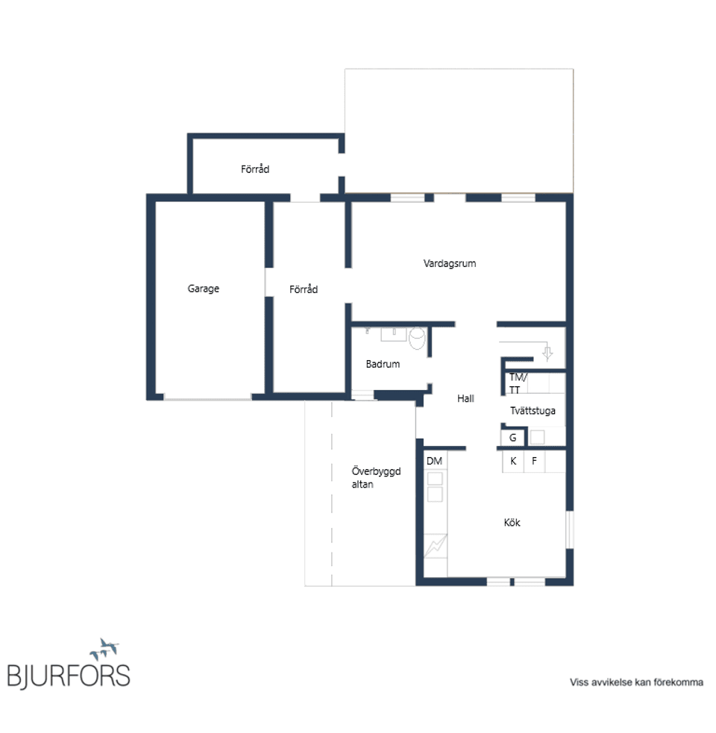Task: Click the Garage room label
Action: click(203, 289)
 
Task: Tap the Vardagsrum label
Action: click(450, 264)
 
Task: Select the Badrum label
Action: click(383, 364)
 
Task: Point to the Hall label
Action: click(465, 399)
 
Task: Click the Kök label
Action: click(512, 523)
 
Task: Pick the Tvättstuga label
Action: click(533, 411)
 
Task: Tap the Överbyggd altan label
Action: click(376, 477)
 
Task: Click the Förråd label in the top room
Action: click(255, 169)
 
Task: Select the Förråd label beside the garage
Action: click(304, 289)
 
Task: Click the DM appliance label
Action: click(434, 461)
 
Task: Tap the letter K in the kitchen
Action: click(513, 461)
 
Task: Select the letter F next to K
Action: click(534, 461)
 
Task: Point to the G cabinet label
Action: click(512, 438)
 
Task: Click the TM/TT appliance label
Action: click(518, 383)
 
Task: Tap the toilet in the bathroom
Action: click(417, 338)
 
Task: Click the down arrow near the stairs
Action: click(547, 353)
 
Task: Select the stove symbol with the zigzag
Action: click(436, 546)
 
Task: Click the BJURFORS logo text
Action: click(69, 676)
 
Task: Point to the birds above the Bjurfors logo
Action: click(104, 649)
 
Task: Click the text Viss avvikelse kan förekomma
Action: click(636, 682)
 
